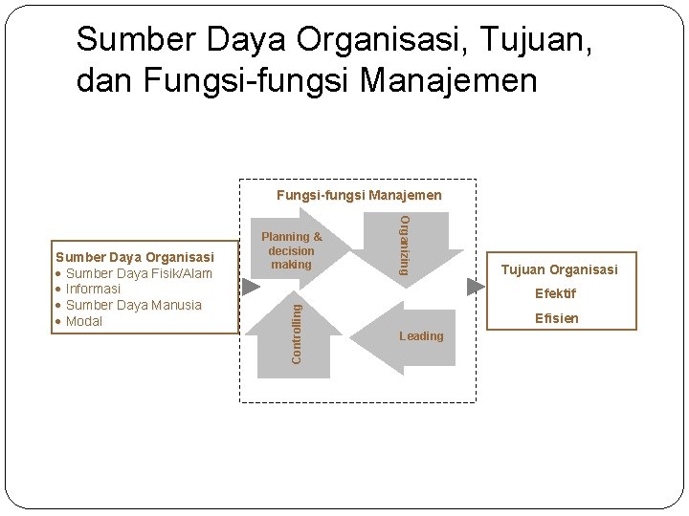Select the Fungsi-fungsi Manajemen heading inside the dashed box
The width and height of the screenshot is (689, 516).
[x=359, y=195]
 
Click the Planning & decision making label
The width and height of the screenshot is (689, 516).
[x=291, y=250]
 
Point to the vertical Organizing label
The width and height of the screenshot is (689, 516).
[x=404, y=246]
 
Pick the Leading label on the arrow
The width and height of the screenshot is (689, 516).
[x=421, y=336]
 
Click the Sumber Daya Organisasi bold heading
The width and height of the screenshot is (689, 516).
[x=134, y=257]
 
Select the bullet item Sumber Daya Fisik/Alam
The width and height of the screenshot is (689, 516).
[x=139, y=273]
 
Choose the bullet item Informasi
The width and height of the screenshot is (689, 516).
[x=93, y=289]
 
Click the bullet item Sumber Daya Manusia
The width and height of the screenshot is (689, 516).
[x=133, y=305]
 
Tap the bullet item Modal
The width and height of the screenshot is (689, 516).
[x=84, y=321]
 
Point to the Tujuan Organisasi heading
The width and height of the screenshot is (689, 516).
[x=560, y=269]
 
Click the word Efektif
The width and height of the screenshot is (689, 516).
[x=555, y=294]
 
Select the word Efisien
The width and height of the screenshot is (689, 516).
[x=556, y=318]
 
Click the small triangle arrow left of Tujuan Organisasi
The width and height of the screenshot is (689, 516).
[x=476, y=287]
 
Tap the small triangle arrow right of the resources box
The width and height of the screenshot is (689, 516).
[x=250, y=287]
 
